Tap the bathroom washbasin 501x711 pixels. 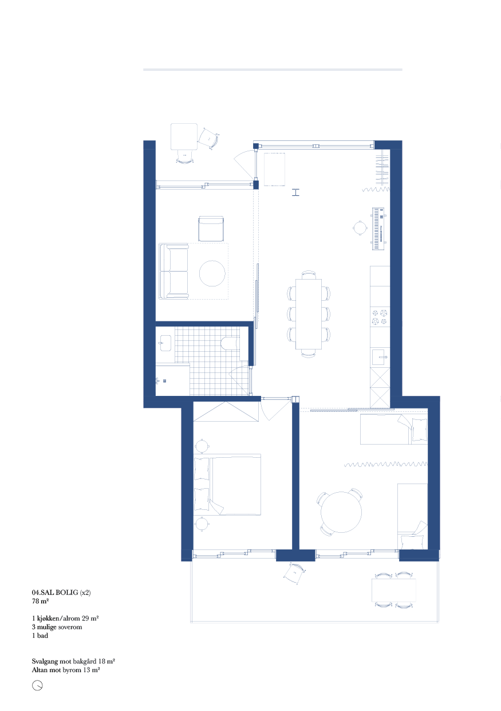click(165, 343)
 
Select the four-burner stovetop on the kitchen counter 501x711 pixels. click(380, 317)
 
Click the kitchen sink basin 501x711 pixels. click(380, 357)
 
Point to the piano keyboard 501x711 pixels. click(378, 229)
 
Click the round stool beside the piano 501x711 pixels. click(360, 227)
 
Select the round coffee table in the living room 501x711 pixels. click(212, 273)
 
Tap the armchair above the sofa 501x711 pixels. click(211, 229)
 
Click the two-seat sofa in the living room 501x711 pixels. click(173, 272)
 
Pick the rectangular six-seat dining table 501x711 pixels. click(309, 314)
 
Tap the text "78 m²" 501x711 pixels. click(40, 601)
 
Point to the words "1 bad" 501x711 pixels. click(40, 635)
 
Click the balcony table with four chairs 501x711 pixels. click(394, 590)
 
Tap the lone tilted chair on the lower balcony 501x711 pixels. click(294, 573)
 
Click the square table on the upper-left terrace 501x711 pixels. click(184, 136)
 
